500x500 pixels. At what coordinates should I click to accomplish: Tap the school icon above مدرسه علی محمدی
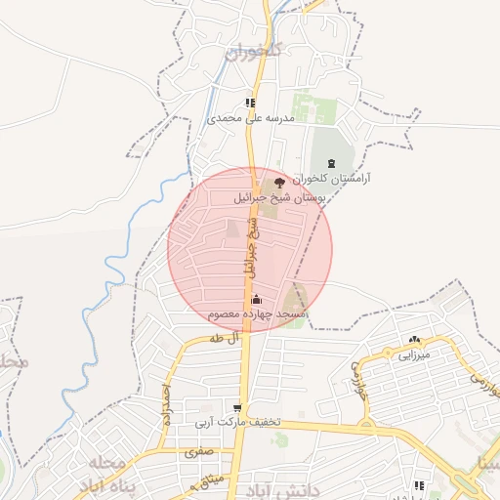[251, 103]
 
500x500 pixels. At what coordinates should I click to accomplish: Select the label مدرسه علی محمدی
[251, 118]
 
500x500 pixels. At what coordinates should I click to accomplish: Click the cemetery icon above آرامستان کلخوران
[329, 162]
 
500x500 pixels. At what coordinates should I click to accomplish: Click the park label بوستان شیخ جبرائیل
[278, 196]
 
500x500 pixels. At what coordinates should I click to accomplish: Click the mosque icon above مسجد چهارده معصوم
[257, 298]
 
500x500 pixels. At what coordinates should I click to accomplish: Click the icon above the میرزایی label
[413, 340]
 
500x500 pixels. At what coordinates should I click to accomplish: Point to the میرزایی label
[413, 356]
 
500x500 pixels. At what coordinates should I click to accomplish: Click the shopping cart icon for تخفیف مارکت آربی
[237, 406]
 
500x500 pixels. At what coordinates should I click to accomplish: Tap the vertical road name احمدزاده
[167, 403]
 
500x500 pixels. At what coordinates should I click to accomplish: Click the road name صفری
[197, 453]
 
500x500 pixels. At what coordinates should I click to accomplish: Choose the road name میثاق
[211, 479]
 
